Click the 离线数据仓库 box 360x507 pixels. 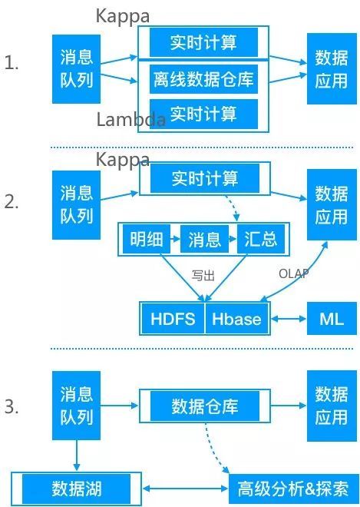(203, 79)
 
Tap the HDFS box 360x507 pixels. (173, 319)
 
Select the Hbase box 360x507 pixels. (236, 319)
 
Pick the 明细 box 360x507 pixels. (147, 239)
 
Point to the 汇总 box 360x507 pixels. (261, 239)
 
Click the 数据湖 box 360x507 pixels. (76, 489)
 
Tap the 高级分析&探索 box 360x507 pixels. (293, 489)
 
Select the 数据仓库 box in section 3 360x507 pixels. (204, 406)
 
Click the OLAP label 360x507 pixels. (293, 274)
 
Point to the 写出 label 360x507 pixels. (203, 276)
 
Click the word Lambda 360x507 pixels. (131, 119)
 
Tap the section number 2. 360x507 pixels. (12, 202)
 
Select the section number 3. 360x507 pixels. (12, 406)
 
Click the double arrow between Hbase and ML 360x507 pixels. (288, 319)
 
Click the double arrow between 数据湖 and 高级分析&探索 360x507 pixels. (185, 489)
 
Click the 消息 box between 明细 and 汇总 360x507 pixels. (204, 239)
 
